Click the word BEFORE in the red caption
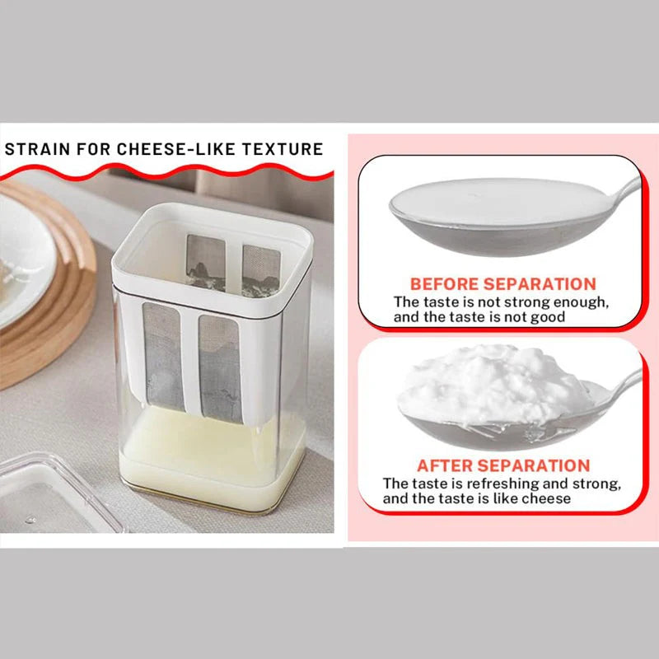pos(443,283)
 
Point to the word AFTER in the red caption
pos(446,465)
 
